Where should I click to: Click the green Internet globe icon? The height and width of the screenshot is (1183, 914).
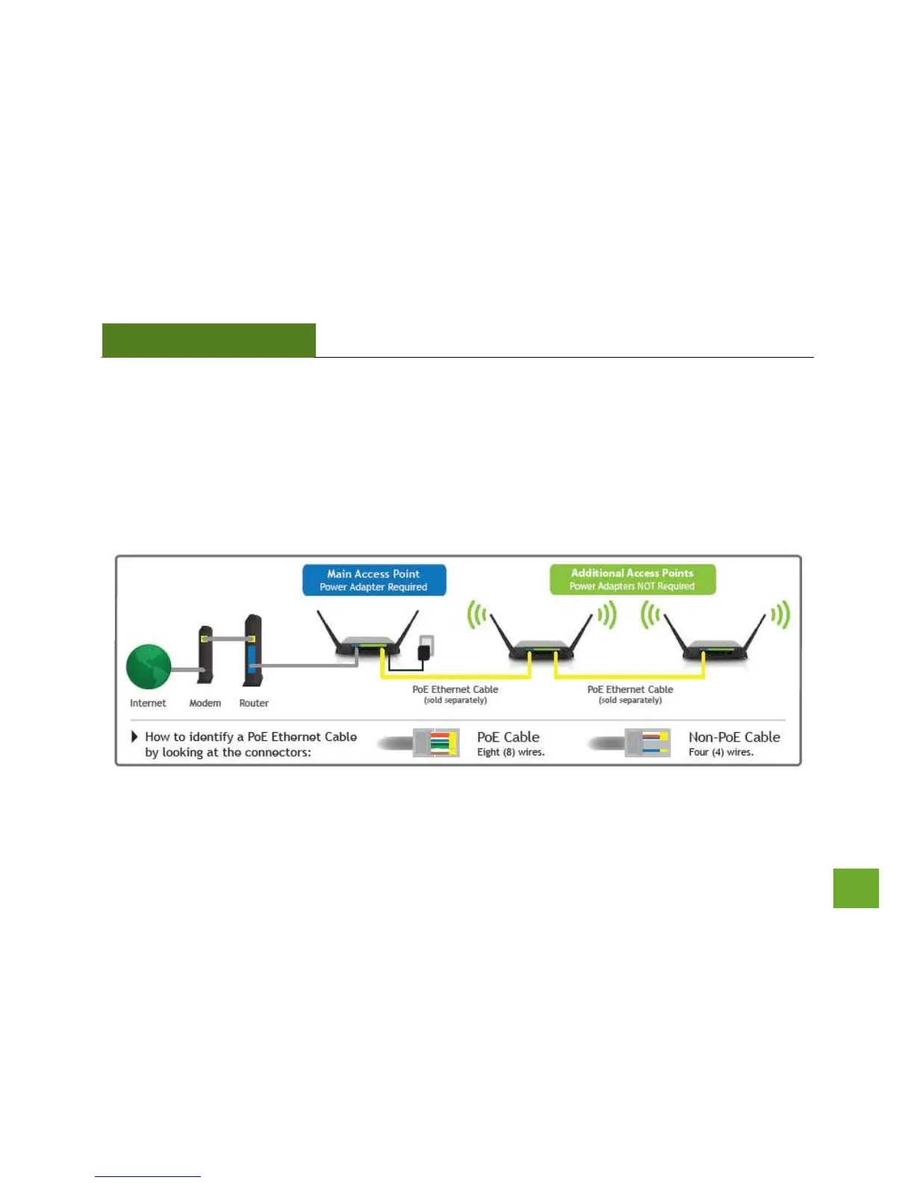click(149, 666)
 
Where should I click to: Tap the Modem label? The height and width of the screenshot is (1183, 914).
click(205, 703)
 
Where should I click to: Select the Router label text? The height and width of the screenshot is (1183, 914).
click(254, 703)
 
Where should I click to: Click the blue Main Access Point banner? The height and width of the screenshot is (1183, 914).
click(374, 580)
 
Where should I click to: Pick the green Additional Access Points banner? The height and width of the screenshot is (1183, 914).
click(632, 580)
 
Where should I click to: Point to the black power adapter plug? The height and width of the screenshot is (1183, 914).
click(425, 651)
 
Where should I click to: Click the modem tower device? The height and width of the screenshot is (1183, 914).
click(205, 654)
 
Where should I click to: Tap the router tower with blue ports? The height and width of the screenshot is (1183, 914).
click(252, 650)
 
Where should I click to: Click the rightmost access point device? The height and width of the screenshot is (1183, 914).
click(714, 637)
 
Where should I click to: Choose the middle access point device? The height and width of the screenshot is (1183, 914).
click(541, 637)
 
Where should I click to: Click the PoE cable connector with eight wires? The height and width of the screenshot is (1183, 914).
click(436, 742)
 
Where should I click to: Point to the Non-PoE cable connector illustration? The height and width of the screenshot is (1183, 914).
click(647, 742)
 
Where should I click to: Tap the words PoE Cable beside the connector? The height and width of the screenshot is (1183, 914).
click(508, 736)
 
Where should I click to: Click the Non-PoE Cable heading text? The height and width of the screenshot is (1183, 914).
click(734, 736)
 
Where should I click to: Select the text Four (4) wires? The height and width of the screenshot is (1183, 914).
click(721, 752)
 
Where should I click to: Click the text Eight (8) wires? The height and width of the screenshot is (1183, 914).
click(511, 752)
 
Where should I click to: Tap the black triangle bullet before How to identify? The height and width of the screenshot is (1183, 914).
click(134, 736)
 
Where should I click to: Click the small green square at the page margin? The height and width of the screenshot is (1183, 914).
click(856, 888)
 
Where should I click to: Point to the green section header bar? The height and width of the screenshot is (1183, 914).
click(209, 341)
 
